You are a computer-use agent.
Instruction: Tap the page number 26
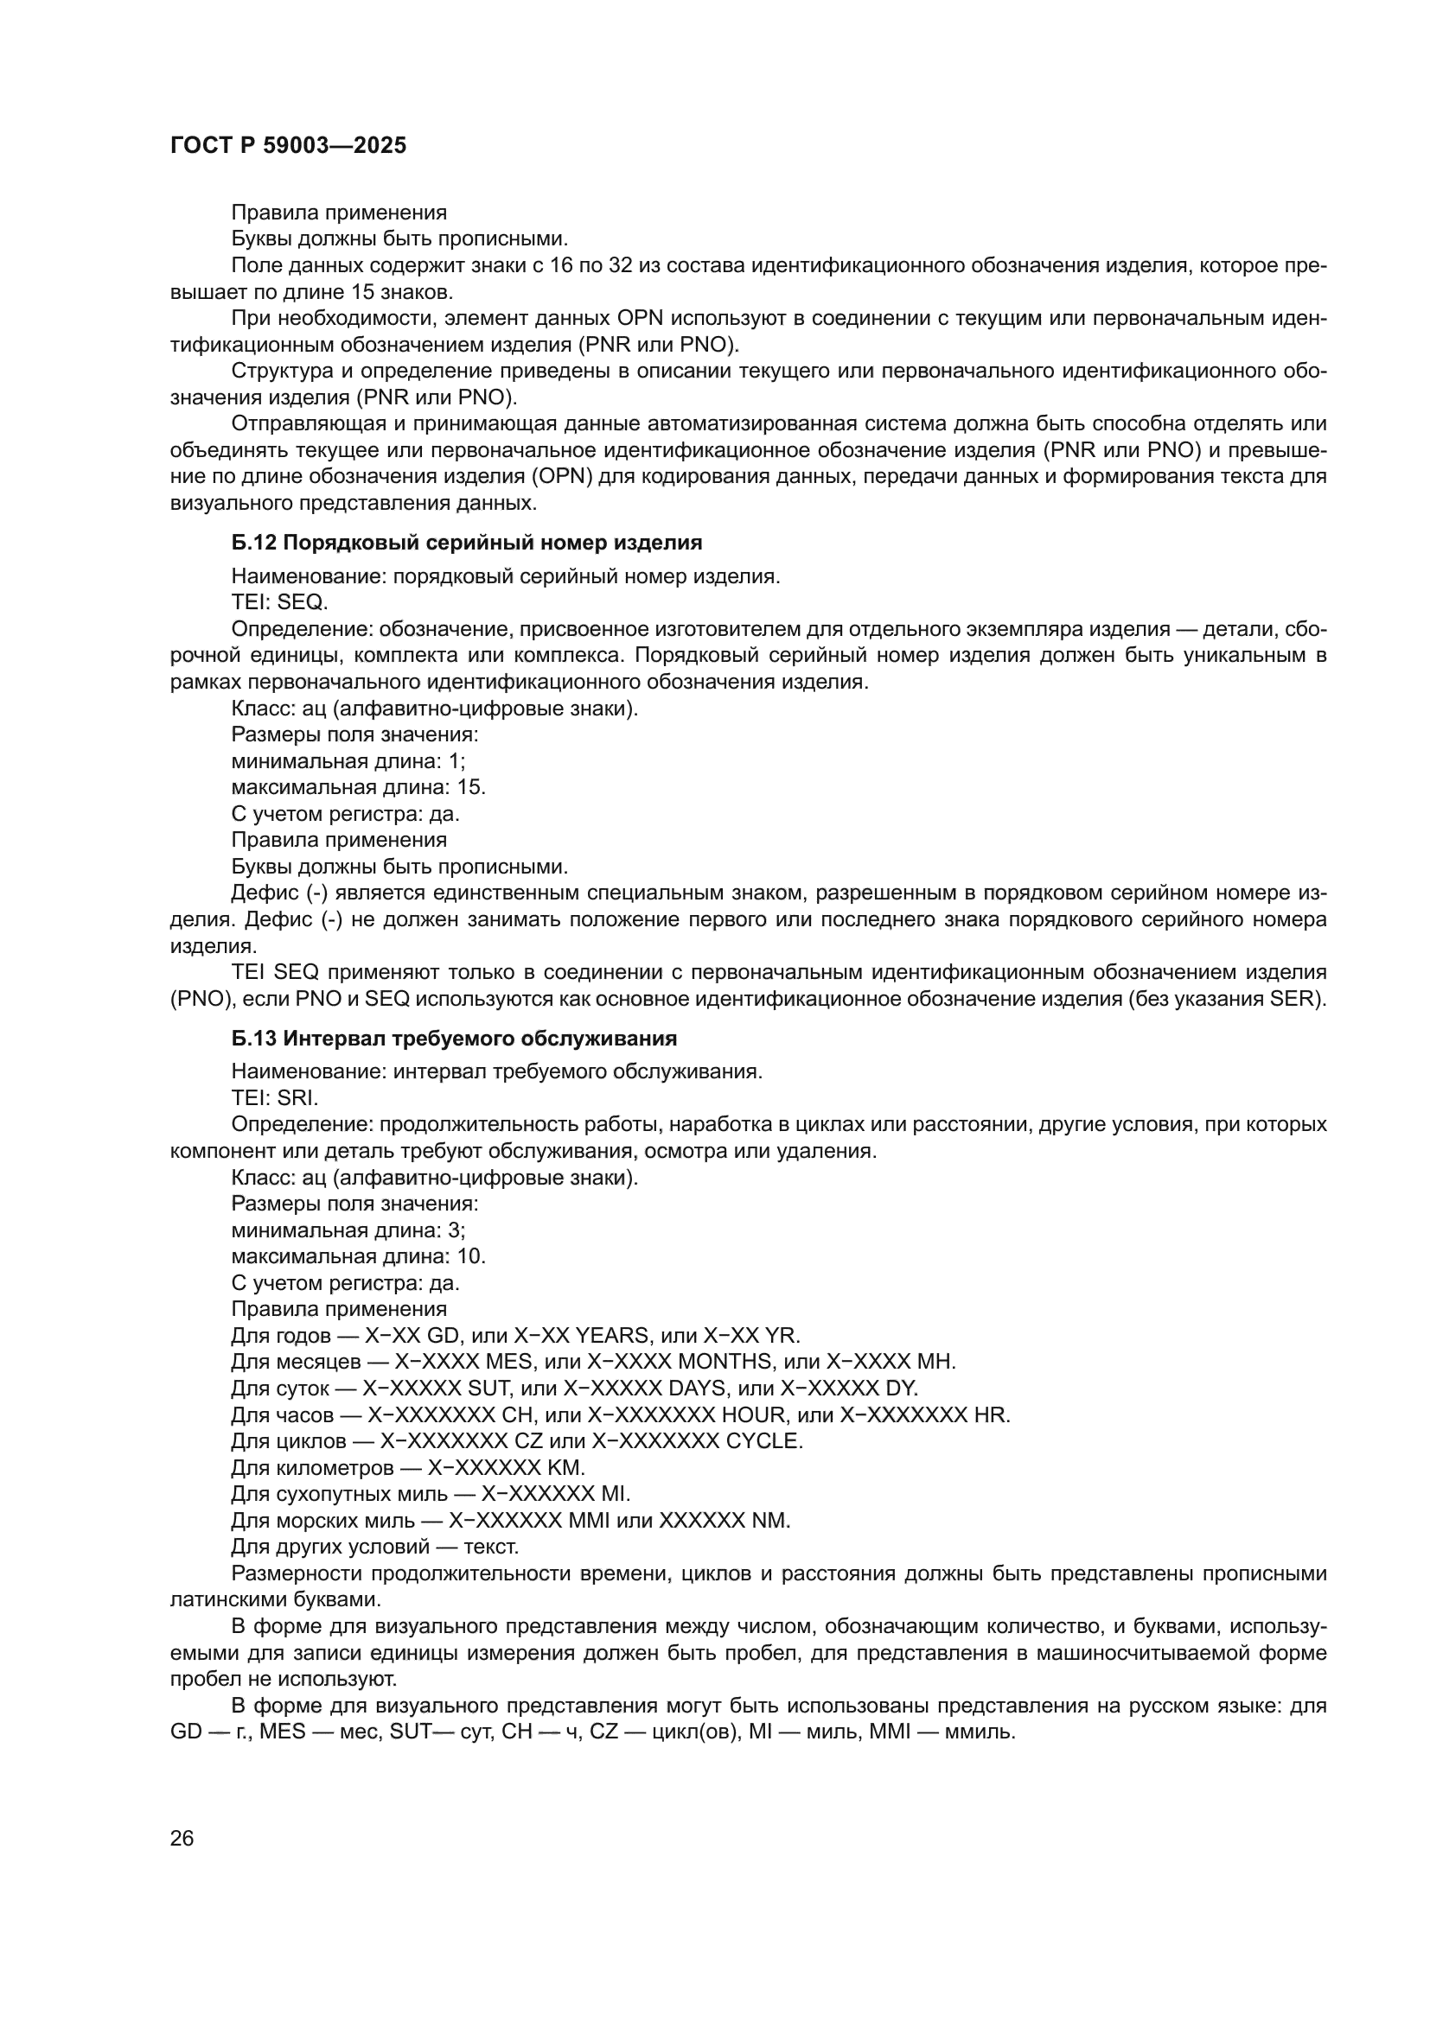coord(182,1838)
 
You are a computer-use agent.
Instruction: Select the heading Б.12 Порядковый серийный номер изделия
coord(467,543)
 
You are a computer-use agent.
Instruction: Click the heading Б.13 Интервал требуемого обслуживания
coord(454,1039)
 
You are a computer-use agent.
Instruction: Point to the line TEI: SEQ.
coord(279,602)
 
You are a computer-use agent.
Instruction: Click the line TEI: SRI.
coord(275,1097)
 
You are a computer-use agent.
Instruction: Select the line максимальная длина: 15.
coord(359,787)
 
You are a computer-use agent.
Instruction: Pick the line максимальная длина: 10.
coord(359,1256)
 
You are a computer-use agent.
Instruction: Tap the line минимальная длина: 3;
coord(348,1230)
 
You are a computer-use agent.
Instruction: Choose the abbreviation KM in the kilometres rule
coord(565,1467)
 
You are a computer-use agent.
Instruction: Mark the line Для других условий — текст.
coord(375,1547)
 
